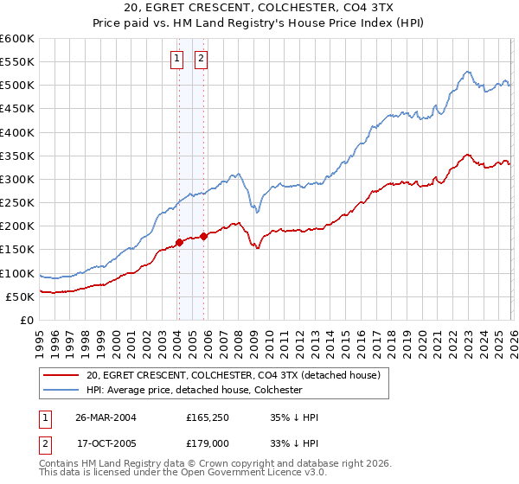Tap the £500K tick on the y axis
click(x=17, y=86)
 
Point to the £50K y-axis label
click(x=20, y=296)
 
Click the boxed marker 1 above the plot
click(x=177, y=59)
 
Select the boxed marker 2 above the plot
click(x=202, y=59)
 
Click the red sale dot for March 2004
click(x=179, y=243)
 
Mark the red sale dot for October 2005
click(x=203, y=236)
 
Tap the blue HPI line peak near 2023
click(x=466, y=72)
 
